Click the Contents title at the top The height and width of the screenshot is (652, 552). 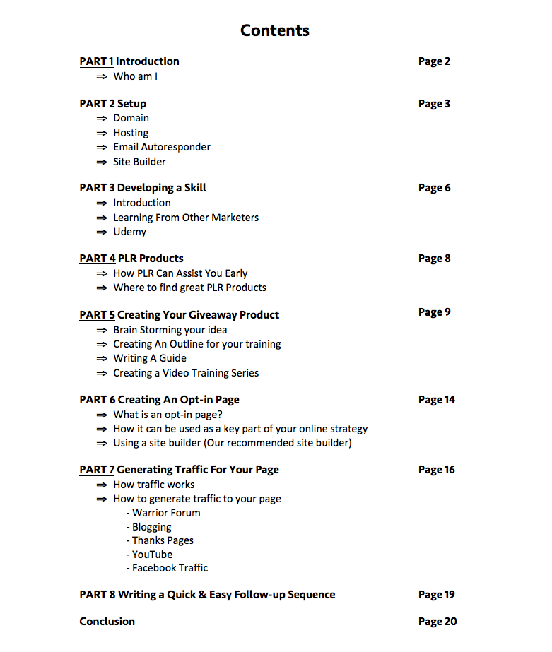pos(274,30)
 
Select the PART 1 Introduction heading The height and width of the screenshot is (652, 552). pos(129,61)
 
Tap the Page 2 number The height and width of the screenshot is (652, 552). pos(434,61)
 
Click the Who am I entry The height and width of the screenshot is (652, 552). pos(135,76)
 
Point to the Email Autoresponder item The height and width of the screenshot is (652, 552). pos(162,147)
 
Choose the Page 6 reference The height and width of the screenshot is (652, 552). pos(434,188)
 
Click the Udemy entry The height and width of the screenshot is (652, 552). pos(130,232)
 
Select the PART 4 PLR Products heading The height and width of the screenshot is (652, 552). pos(131,259)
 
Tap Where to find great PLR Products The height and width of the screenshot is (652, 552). pos(189,288)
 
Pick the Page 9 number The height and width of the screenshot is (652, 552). pos(434,312)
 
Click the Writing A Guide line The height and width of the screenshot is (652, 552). pos(150,358)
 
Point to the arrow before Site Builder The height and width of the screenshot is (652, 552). pos(102,162)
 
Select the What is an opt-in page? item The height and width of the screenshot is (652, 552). pos(168,415)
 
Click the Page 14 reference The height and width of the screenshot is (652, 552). pos(437,400)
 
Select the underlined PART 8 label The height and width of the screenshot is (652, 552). pos(98,595)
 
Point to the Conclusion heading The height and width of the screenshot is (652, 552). pos(107,622)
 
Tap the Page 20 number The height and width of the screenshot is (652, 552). pos(438,622)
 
